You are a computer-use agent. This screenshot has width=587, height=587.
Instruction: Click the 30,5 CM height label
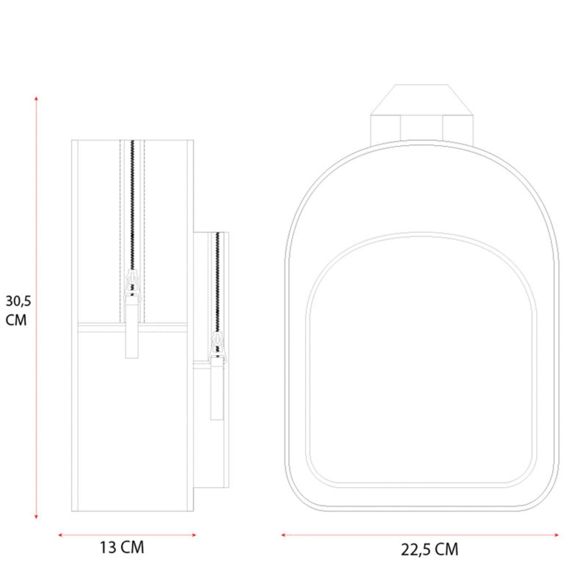(18, 310)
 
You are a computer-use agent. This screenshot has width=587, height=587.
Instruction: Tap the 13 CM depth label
(122, 548)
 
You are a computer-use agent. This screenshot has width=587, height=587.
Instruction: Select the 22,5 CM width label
(429, 549)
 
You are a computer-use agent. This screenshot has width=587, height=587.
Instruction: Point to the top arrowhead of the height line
(36, 98)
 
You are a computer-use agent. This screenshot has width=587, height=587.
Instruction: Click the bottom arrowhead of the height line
(36, 517)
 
